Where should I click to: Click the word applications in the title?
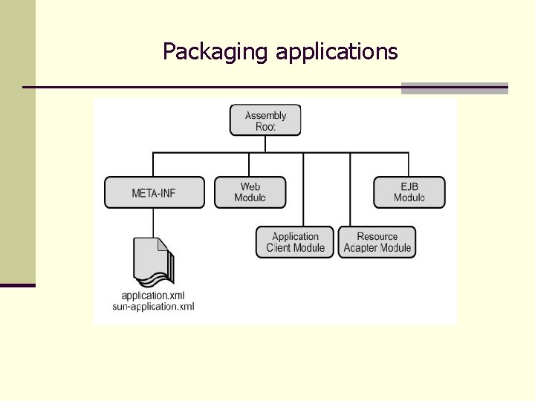pyautogui.click(x=337, y=52)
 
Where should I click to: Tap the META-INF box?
pyautogui.click(x=154, y=192)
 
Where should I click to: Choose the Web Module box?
pyautogui.click(x=250, y=192)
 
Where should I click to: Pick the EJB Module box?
pyautogui.click(x=409, y=192)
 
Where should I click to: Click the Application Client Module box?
pyautogui.click(x=295, y=242)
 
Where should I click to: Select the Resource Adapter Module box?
pyautogui.click(x=377, y=242)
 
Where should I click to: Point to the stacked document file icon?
pyautogui.click(x=154, y=260)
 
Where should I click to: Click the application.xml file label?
pyautogui.click(x=153, y=295)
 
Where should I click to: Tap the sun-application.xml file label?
pyautogui.click(x=153, y=306)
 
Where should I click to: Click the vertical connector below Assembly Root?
pyautogui.click(x=265, y=144)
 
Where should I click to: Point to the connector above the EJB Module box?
pyautogui.click(x=408, y=164)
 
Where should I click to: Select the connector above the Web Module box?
pyautogui.click(x=249, y=164)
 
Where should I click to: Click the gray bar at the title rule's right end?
pyautogui.click(x=454, y=88)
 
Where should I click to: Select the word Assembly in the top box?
pyautogui.click(x=265, y=115)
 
